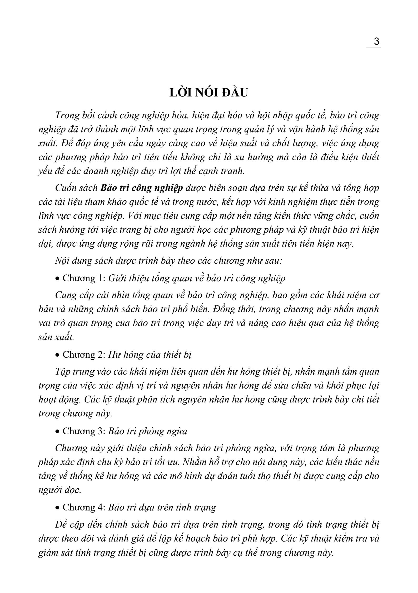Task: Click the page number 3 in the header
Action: point(376,42)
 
